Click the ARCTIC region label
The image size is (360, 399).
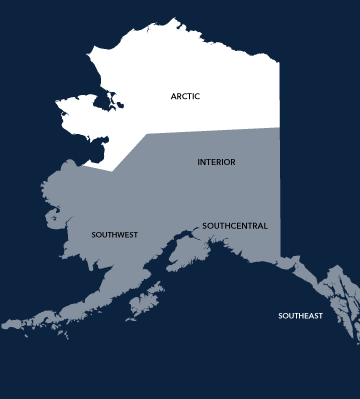coord(185,96)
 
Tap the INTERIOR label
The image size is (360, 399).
coord(217,161)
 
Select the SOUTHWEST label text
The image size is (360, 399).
coord(114,235)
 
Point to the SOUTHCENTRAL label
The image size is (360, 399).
coord(235,226)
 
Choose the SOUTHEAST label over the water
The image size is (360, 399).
coord(300,316)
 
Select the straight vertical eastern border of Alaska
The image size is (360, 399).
coord(279,190)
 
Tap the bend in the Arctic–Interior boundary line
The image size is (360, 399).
coord(146,134)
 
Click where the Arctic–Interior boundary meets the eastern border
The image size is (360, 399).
coord(279,127)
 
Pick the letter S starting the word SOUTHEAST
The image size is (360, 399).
coord(280,316)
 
